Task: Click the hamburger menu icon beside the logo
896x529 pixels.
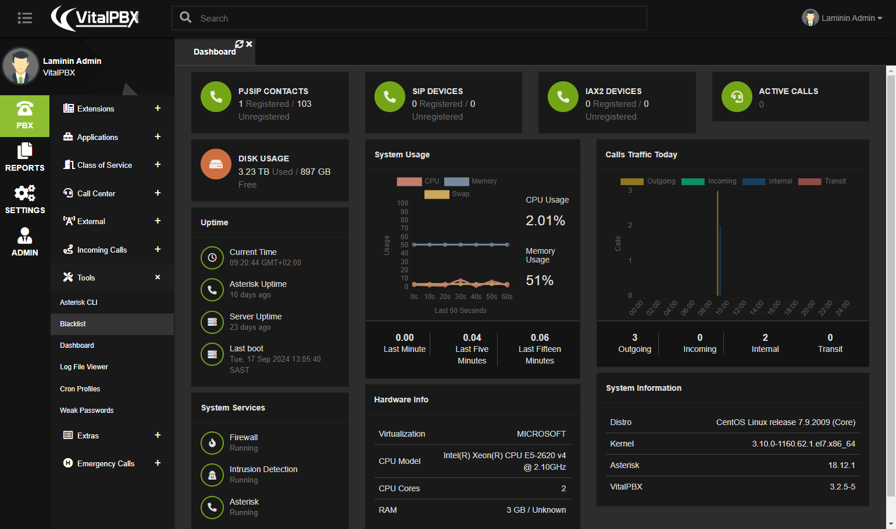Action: pyautogui.click(x=25, y=18)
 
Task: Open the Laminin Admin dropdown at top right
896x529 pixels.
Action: pyautogui.click(x=842, y=18)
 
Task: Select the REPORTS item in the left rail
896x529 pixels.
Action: pyautogui.click(x=25, y=157)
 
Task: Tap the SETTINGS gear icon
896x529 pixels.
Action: pyautogui.click(x=25, y=193)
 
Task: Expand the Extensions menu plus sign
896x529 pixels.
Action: pyautogui.click(x=158, y=108)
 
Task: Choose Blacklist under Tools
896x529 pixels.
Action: pyautogui.click(x=73, y=323)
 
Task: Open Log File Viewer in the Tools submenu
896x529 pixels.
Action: pyautogui.click(x=84, y=367)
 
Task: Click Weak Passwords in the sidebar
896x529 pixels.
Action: pyautogui.click(x=87, y=411)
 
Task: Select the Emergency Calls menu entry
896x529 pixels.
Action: pyautogui.click(x=106, y=463)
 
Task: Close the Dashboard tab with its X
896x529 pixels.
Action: pyautogui.click(x=249, y=44)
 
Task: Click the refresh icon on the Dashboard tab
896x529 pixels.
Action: pyautogui.click(x=239, y=44)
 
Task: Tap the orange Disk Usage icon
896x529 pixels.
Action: pyautogui.click(x=216, y=164)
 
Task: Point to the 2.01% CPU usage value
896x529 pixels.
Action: pyautogui.click(x=545, y=221)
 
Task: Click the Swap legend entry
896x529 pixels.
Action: pyautogui.click(x=447, y=194)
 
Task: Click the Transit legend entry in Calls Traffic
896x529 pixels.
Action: pyautogui.click(x=822, y=181)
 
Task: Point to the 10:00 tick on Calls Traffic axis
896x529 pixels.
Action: pyautogui.click(x=722, y=308)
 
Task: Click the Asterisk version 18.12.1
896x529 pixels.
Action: pyautogui.click(x=841, y=465)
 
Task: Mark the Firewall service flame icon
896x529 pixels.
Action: pyautogui.click(x=212, y=442)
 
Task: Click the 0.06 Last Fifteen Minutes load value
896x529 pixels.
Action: pyautogui.click(x=540, y=337)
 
